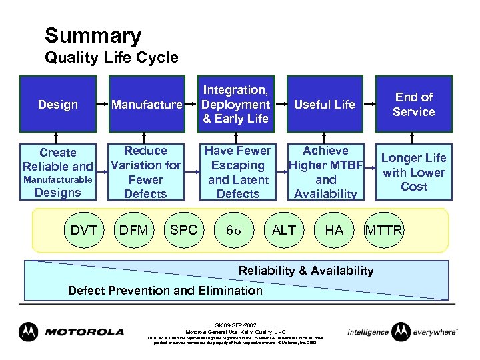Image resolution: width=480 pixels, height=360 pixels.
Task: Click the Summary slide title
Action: [93, 35]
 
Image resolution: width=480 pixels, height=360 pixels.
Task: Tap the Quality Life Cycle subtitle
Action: [111, 58]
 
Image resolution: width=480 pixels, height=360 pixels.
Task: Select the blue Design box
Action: [58, 104]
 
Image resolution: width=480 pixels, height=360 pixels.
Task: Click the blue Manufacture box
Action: [146, 104]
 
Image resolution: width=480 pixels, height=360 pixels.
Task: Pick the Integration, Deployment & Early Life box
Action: [235, 104]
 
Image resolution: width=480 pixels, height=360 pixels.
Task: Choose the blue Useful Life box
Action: [325, 104]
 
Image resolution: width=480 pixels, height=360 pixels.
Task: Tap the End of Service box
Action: [413, 104]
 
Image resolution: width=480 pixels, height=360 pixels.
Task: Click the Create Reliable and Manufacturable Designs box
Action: [58, 173]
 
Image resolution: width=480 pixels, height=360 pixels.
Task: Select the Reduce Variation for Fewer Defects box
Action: [146, 173]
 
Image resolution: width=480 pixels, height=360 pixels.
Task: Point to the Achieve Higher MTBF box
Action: [325, 173]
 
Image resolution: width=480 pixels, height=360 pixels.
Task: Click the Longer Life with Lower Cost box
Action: [413, 172]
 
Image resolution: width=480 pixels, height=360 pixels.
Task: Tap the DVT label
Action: [84, 230]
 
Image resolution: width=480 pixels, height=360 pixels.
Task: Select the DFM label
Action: [133, 230]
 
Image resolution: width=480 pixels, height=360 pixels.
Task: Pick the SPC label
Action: [183, 230]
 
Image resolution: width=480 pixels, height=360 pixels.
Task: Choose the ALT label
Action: [284, 230]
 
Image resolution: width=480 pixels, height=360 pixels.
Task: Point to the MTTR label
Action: [383, 230]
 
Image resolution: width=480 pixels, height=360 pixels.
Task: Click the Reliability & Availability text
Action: [306, 270]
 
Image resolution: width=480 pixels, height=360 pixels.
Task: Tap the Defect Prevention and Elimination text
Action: [165, 290]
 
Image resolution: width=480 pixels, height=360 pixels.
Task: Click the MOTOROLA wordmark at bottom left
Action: [84, 331]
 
